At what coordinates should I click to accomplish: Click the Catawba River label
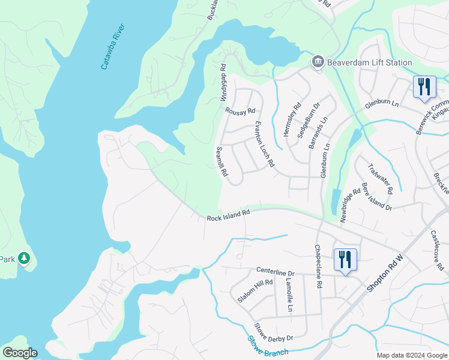113,47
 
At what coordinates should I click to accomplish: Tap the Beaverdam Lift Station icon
318,62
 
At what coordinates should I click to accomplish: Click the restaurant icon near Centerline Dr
345,259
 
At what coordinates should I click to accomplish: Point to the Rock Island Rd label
228,215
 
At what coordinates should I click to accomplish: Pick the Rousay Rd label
240,111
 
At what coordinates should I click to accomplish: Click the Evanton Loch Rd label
264,145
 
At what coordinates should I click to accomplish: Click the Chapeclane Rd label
319,266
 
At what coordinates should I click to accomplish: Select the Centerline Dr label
277,271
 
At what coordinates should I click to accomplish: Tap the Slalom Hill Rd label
255,290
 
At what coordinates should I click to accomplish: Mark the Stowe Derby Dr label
273,332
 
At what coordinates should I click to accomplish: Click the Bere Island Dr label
376,197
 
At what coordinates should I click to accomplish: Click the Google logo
20,353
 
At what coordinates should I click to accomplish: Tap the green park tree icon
24,259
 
